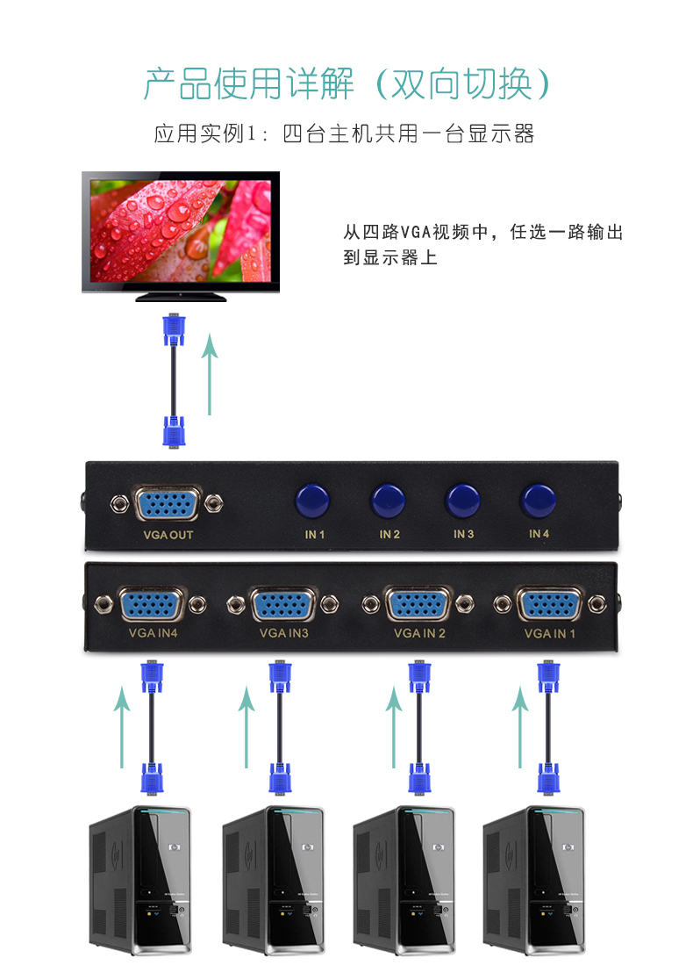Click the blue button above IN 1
313,501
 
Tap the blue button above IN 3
462,501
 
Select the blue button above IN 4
538,501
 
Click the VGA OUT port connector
168,503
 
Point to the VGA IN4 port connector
151,604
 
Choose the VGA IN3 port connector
282,604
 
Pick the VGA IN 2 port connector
418,604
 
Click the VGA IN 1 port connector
549,604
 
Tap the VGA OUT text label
168,535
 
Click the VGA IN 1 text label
549,633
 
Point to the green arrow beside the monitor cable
210,374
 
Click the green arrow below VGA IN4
122,727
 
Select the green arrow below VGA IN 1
520,727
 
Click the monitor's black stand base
181,297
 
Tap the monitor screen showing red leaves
181,231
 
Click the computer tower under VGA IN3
274,880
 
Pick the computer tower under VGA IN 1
534,880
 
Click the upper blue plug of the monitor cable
174,330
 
